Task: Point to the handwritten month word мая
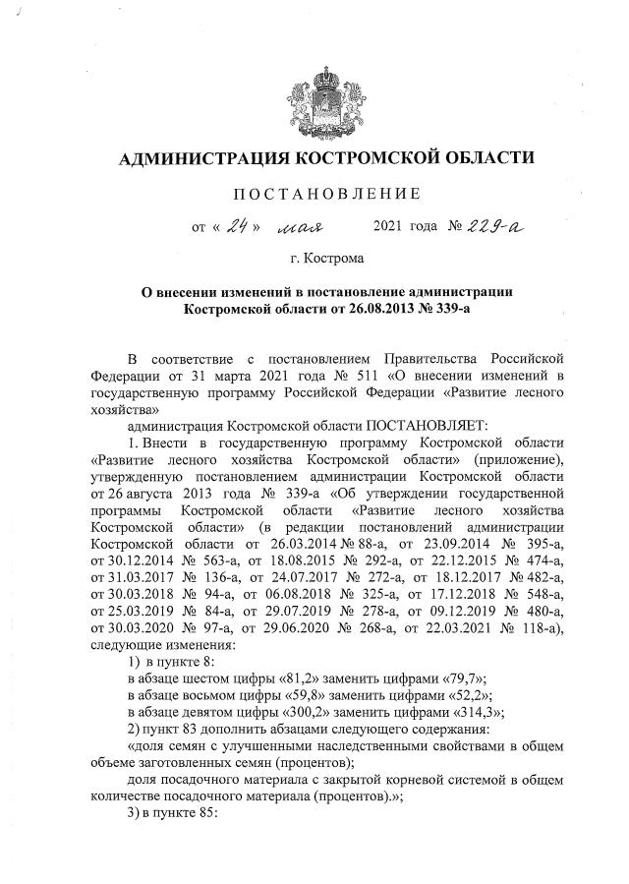tap(305, 229)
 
